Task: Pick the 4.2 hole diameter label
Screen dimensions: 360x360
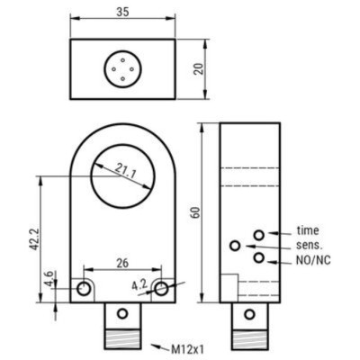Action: pyautogui.click(x=139, y=286)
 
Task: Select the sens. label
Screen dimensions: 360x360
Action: pyautogui.click(x=310, y=245)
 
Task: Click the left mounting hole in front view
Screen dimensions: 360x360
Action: pyautogui.click(x=84, y=289)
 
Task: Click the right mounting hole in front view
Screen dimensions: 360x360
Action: pyautogui.click(x=160, y=289)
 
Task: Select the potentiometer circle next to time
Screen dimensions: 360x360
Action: pyautogui.click(x=258, y=235)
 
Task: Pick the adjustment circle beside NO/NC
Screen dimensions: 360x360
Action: pyautogui.click(x=258, y=259)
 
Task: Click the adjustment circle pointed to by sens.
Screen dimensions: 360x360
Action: pyautogui.click(x=236, y=246)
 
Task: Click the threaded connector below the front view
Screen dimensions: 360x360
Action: pyautogui.click(x=121, y=328)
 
